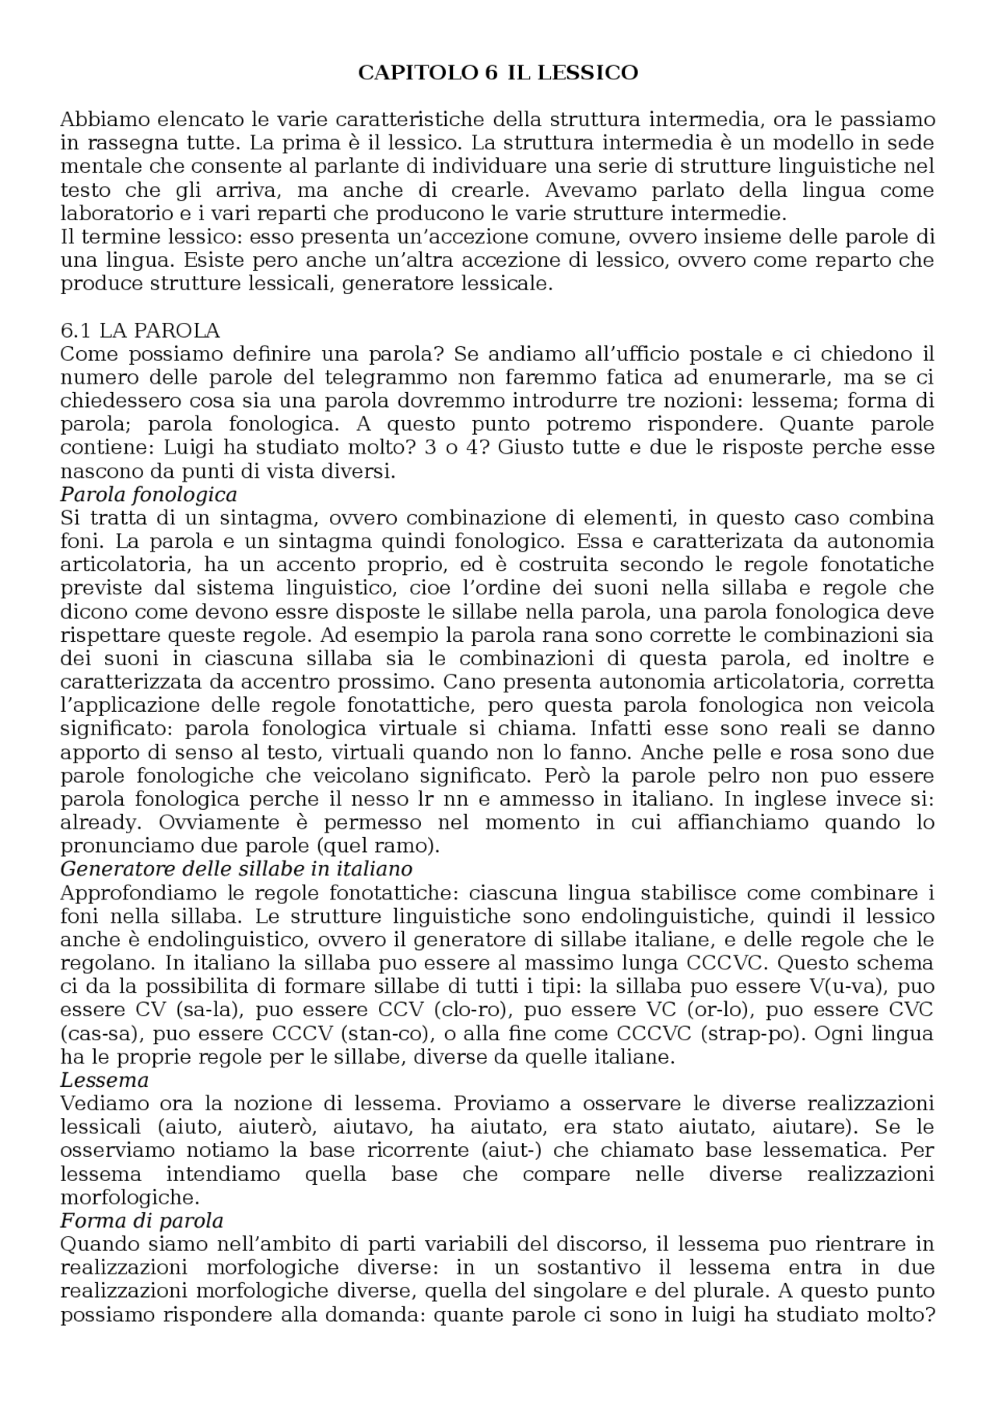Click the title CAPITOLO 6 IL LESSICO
pyautogui.click(x=498, y=72)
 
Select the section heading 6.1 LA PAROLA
pyautogui.click(x=140, y=331)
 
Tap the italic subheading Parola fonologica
pyautogui.click(x=149, y=494)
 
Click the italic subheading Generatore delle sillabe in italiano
pyautogui.click(x=236, y=867)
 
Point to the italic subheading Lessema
pyautogui.click(x=104, y=1080)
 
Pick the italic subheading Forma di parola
pyautogui.click(x=142, y=1220)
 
